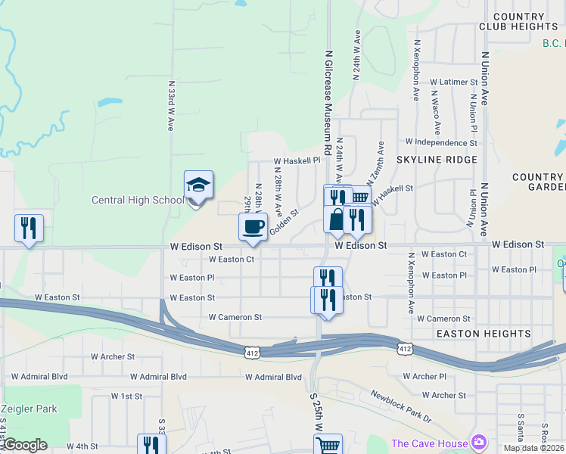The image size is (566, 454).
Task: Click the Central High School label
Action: coord(137,201)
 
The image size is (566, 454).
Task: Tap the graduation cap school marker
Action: coord(198,185)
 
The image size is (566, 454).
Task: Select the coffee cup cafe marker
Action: coord(253,226)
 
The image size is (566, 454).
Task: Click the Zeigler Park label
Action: coord(29,409)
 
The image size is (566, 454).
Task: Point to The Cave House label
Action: coord(428,443)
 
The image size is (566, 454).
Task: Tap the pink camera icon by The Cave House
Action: coord(478,442)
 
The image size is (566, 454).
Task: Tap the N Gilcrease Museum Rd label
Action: coord(328,98)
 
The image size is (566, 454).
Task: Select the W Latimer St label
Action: coord(453,82)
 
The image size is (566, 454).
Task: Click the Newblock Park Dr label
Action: coord(400,406)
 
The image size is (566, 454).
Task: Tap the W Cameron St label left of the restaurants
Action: coord(235,317)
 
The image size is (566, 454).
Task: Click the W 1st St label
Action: coord(126,396)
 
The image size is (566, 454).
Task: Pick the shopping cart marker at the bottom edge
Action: coord(328,445)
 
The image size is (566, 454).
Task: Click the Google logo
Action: coord(25,445)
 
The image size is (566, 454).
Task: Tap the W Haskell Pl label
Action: coord(297,161)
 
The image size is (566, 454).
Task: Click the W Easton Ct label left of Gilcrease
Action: coord(231,259)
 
